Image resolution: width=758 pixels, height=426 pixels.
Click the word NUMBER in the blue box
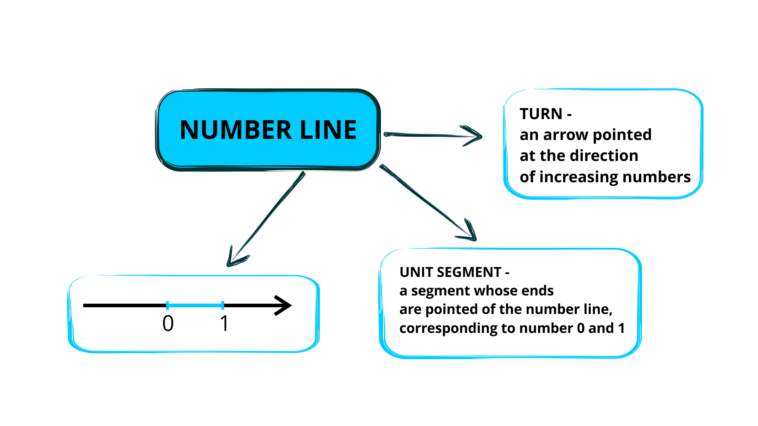pos(236,130)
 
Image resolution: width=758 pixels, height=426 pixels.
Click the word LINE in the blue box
pos(328,130)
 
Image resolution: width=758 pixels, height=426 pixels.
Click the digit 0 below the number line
pos(168,323)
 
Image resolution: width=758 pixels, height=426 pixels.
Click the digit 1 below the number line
pos(224,323)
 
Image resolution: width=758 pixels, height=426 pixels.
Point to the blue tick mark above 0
pos(168,305)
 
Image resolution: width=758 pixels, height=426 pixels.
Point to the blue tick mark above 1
pos(223,305)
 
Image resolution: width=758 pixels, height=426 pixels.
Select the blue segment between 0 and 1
pos(195,305)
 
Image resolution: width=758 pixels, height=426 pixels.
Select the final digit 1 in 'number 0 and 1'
pos(621,328)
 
